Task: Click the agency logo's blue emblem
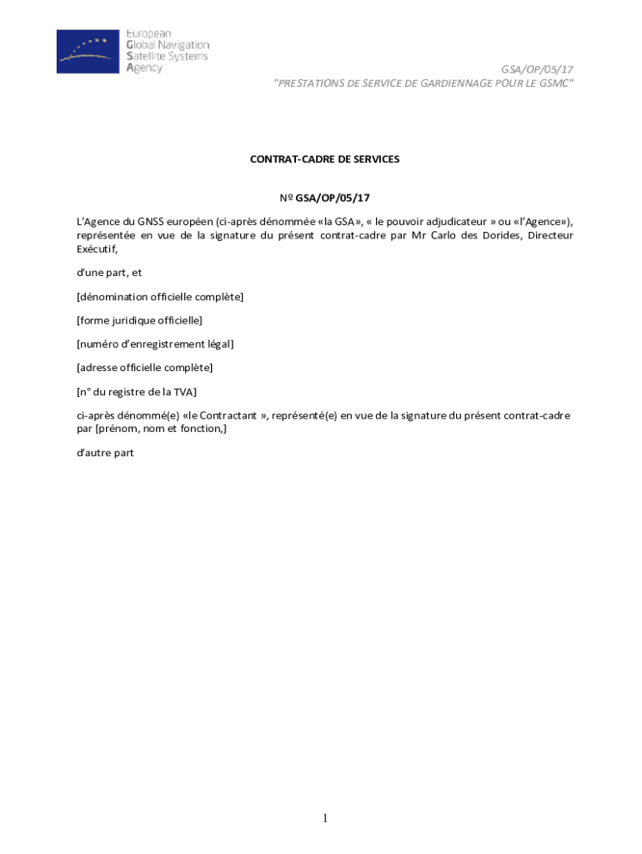point(88,52)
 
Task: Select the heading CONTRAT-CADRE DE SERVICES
point(324,158)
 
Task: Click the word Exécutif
point(97,249)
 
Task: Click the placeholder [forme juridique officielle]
point(139,320)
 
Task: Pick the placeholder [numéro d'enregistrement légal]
point(155,344)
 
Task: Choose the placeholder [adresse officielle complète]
point(145,367)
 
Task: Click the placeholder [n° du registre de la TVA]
point(137,391)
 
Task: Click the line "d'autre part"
point(104,453)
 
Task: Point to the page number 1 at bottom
point(325,819)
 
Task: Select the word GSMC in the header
point(554,83)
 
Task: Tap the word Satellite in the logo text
point(148,57)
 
